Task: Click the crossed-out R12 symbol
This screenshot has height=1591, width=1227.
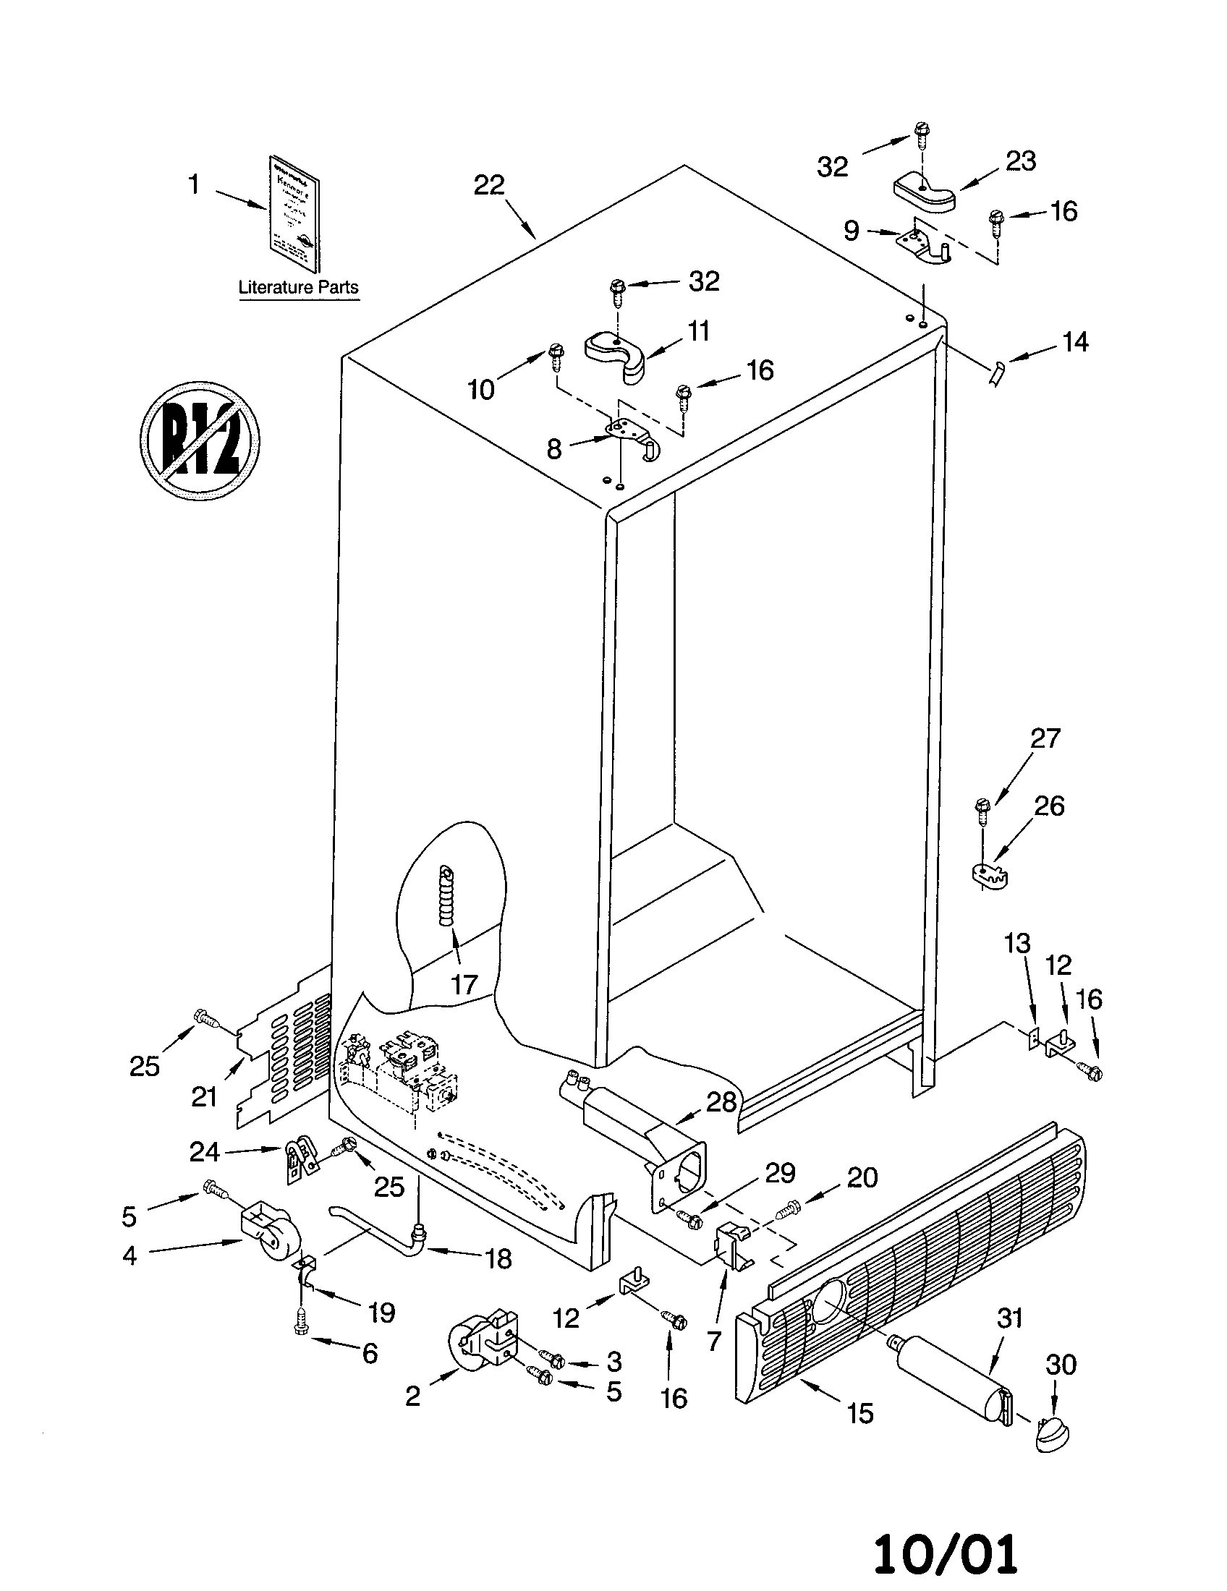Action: click(x=200, y=440)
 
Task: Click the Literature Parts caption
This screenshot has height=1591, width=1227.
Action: click(x=299, y=287)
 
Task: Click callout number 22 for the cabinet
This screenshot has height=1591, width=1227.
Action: click(x=489, y=186)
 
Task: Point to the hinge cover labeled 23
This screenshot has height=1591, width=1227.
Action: click(x=925, y=193)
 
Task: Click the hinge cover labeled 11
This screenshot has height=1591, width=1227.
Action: click(x=618, y=354)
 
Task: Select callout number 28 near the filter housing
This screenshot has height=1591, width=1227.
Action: click(x=721, y=1102)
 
